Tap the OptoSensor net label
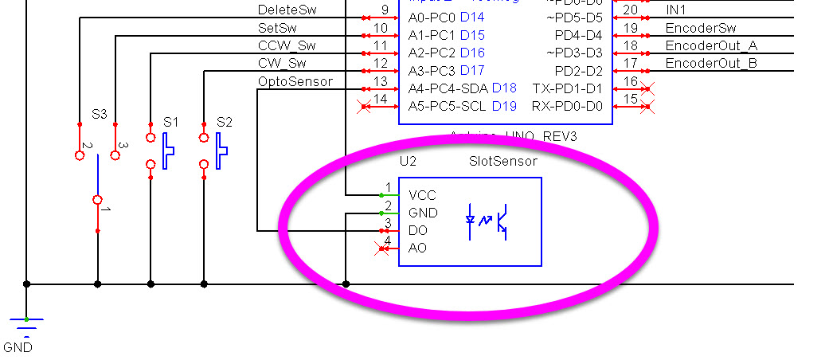coord(295,81)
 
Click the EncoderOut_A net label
coord(711,45)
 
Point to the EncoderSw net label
coord(702,28)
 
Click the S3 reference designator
coord(99,114)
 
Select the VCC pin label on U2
coord(421,195)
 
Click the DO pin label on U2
coord(417,230)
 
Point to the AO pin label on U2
coord(417,248)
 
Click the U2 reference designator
coord(409,161)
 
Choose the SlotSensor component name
coord(502,161)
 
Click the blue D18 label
coord(504,88)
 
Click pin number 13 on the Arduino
coord(381,81)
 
